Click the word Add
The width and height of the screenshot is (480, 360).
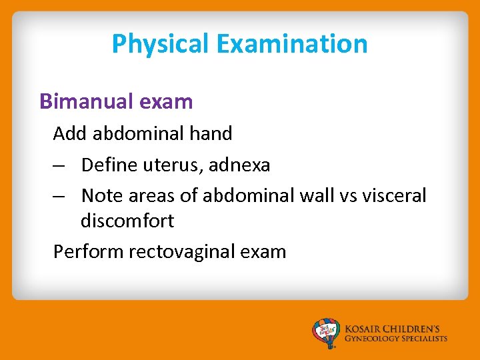coord(71,133)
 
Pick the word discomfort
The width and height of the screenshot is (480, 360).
coord(127,221)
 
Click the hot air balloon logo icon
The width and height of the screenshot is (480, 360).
coord(326,333)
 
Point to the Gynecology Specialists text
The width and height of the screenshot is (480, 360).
coord(396,339)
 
